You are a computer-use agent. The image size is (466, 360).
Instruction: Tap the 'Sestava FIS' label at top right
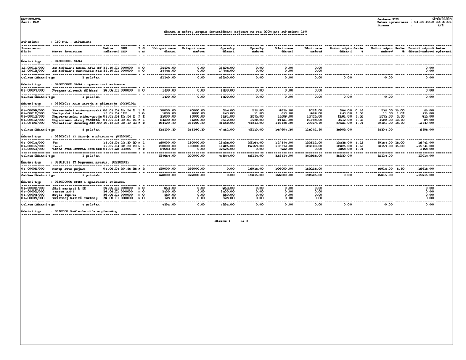[383, 19]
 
